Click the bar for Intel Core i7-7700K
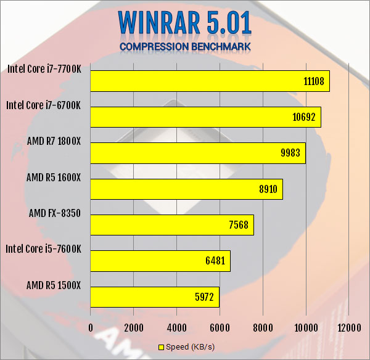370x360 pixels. coord(210,81)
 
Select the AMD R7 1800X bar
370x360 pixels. coord(198,153)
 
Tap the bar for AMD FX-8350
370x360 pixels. coord(172,225)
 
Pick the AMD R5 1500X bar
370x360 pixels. coord(155,297)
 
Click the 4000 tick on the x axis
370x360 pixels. coord(176,327)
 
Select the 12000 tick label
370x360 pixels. coord(348,327)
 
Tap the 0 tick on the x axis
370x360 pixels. coord(91,327)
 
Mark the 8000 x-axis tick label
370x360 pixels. coord(263,327)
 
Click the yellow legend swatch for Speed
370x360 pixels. coord(162,347)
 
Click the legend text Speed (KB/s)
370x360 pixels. coord(191,347)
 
